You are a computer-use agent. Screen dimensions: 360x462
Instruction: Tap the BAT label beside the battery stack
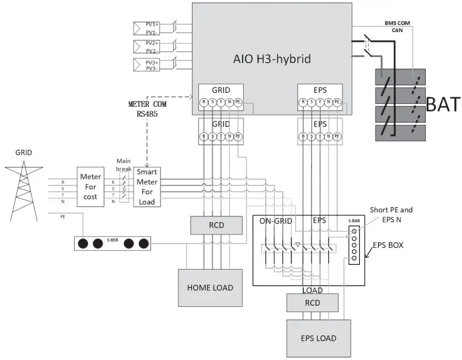pyautogui.click(x=443, y=105)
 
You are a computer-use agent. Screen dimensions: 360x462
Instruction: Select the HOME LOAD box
pyautogui.click(x=210, y=287)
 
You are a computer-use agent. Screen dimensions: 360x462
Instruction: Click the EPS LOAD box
pyautogui.click(x=318, y=338)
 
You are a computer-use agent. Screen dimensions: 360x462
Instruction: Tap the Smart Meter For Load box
pyautogui.click(x=146, y=187)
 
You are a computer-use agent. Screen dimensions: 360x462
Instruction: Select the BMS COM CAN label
pyautogui.click(x=397, y=26)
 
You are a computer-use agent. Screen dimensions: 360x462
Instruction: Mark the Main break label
pyautogui.click(x=124, y=165)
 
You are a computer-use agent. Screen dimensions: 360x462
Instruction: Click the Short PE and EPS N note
pyautogui.click(x=389, y=214)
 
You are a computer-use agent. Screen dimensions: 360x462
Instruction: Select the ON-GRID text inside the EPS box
pyautogui.click(x=274, y=221)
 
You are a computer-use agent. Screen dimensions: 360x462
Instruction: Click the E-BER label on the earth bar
pyautogui.click(x=112, y=242)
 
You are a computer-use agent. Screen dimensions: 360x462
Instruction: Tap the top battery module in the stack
pyautogui.click(x=400, y=77)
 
